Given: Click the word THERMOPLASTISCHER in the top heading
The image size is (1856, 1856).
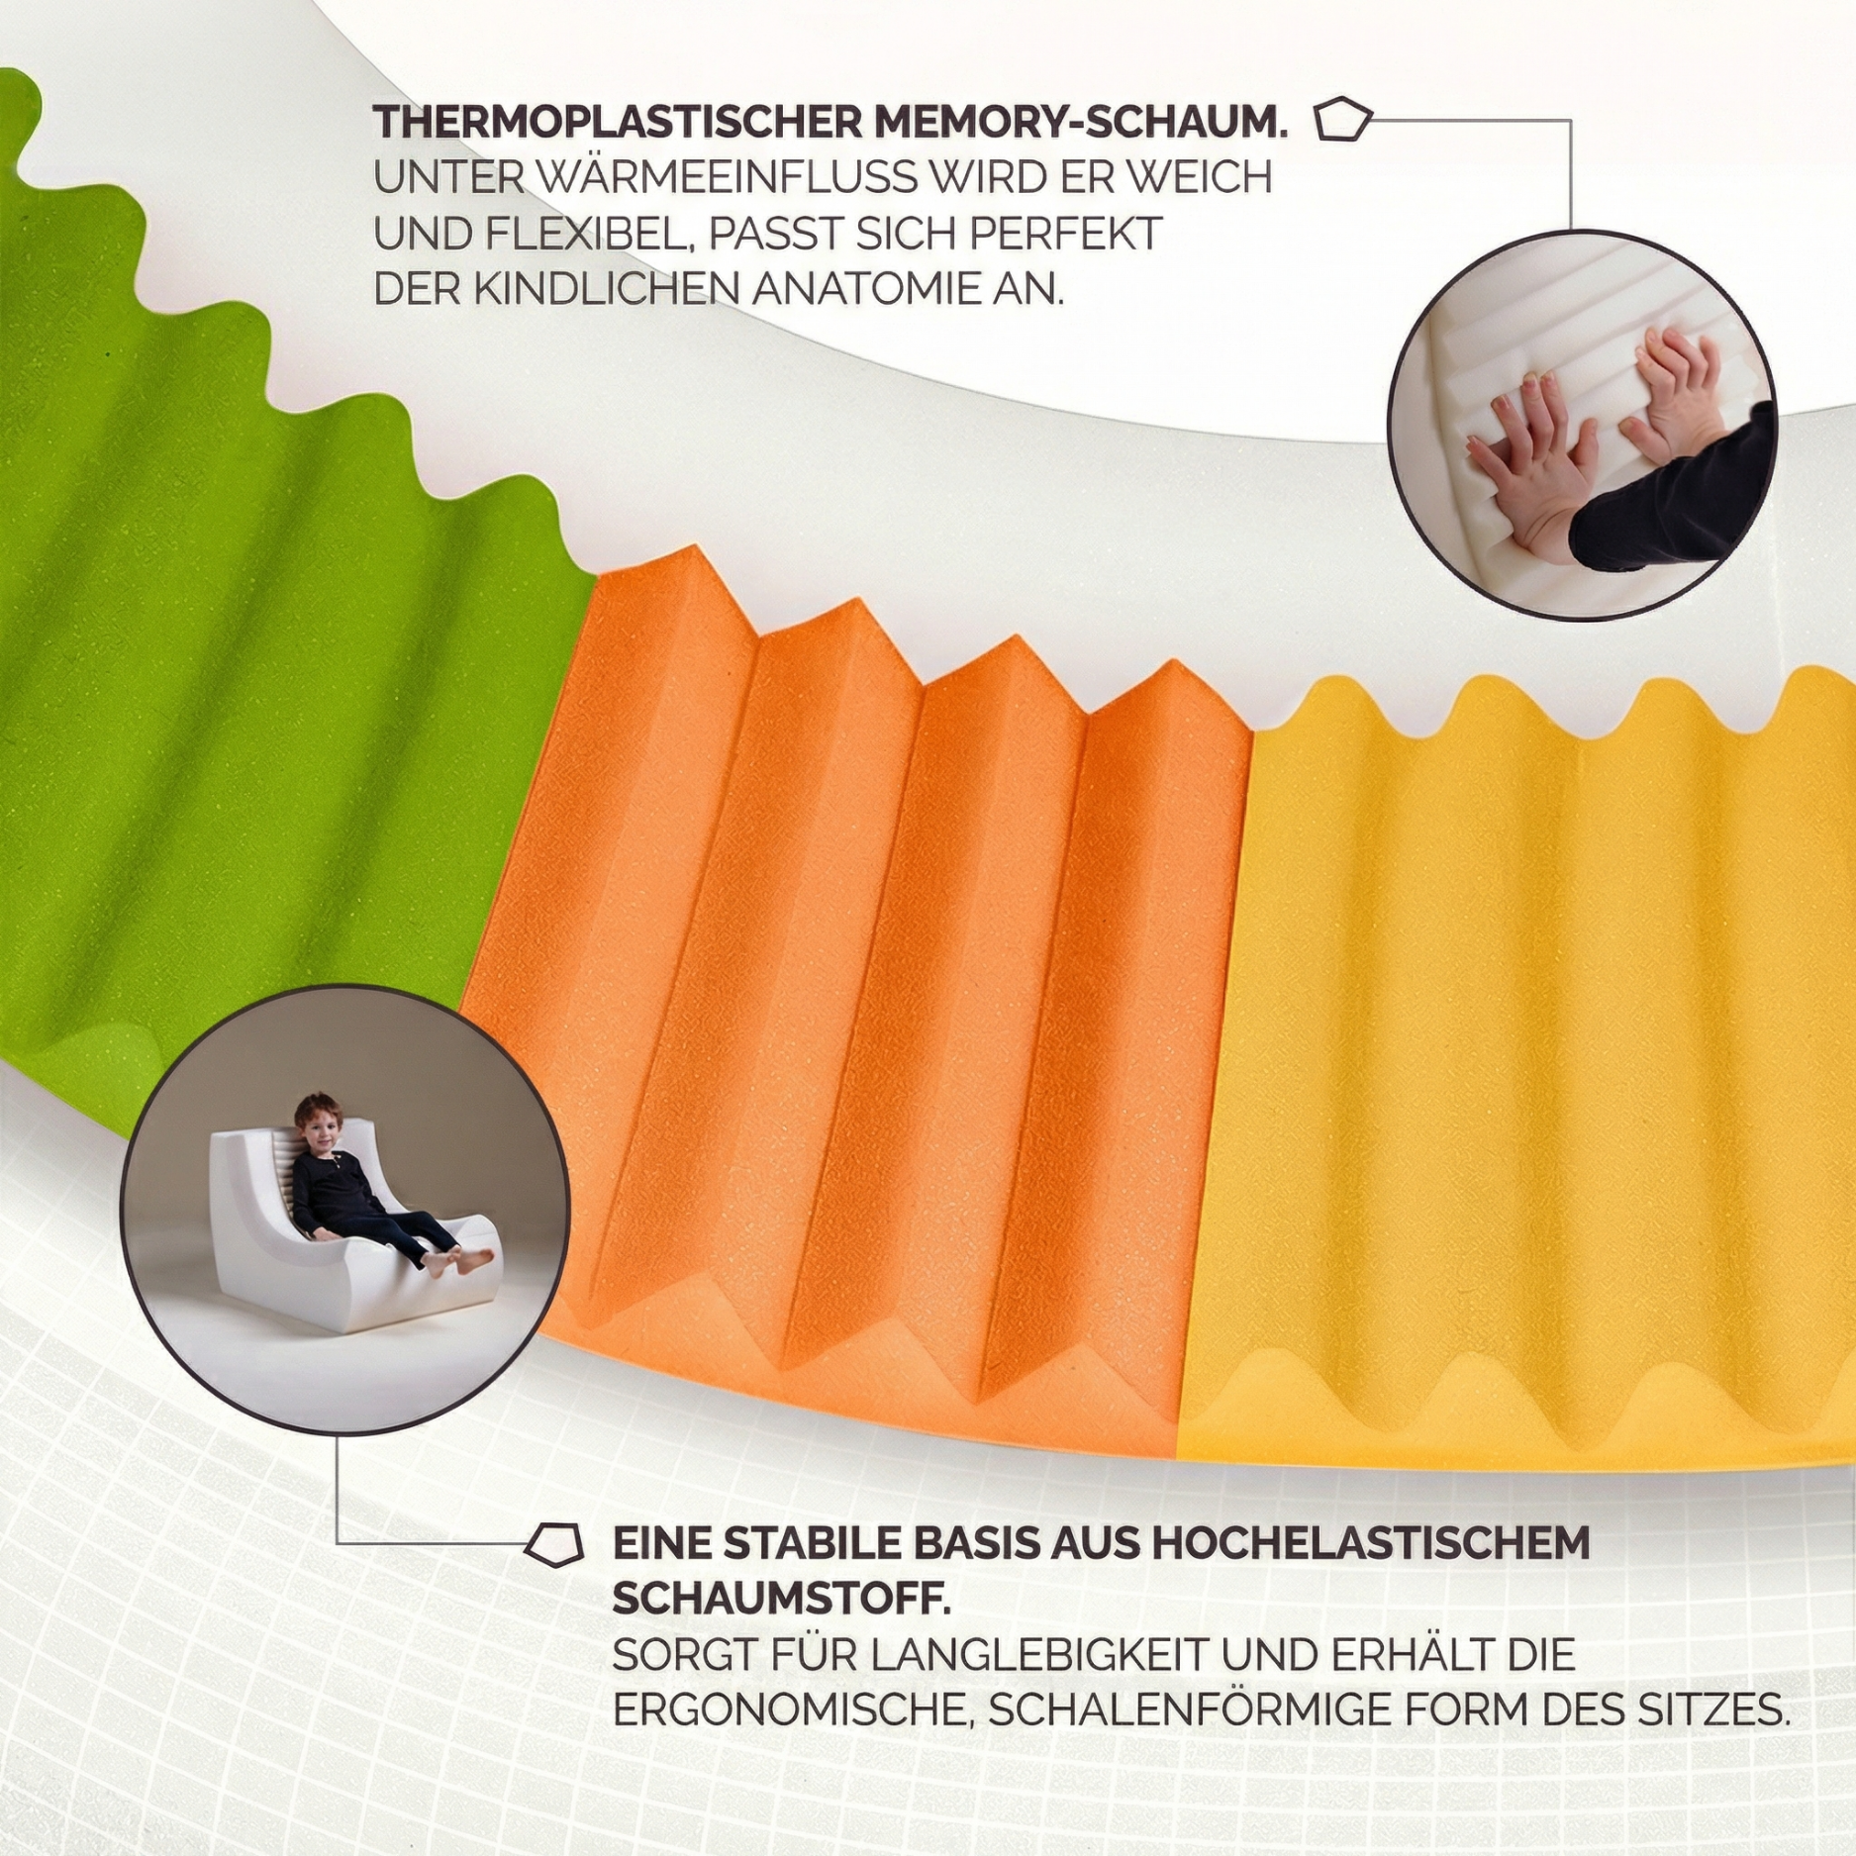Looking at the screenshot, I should [x=612, y=124].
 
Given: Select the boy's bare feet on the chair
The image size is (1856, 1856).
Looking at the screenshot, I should [x=465, y=1260].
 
